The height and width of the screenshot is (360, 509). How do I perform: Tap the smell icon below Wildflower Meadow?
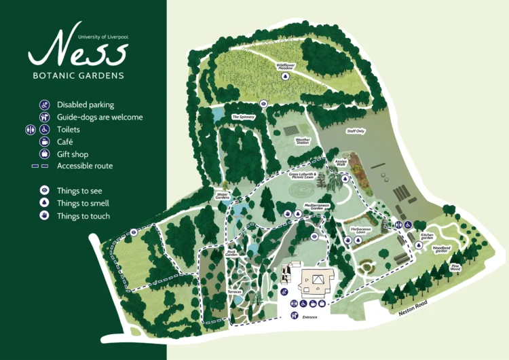(286, 77)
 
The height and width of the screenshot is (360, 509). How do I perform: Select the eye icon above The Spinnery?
(265, 104)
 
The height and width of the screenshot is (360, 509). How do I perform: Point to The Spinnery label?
(242, 117)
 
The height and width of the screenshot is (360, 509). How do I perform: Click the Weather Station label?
(303, 141)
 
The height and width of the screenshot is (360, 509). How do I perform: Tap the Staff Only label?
(356, 131)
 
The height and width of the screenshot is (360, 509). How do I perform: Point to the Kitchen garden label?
(427, 237)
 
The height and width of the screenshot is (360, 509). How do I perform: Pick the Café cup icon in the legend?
(45, 142)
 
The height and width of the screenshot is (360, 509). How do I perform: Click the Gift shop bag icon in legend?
(45, 154)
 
